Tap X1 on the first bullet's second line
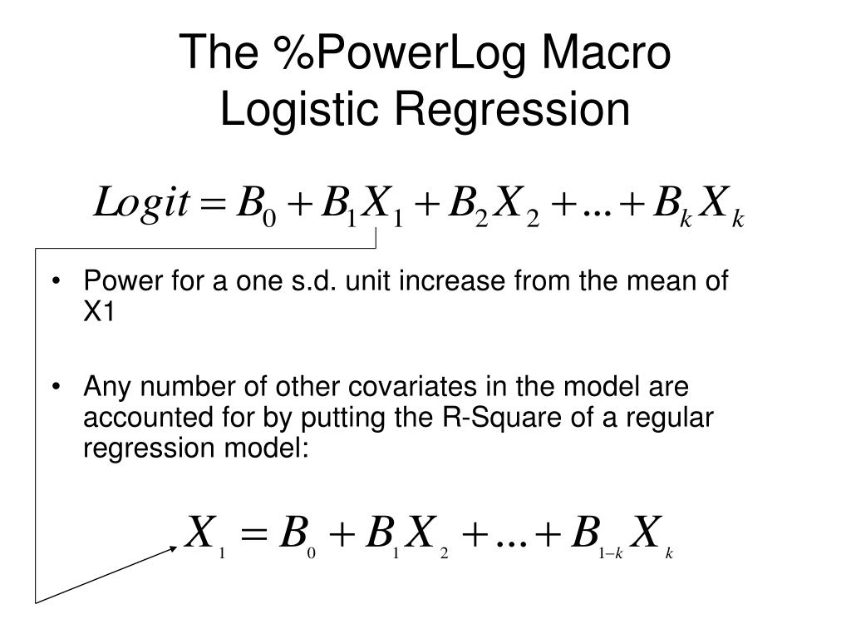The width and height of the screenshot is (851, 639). (98, 313)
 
